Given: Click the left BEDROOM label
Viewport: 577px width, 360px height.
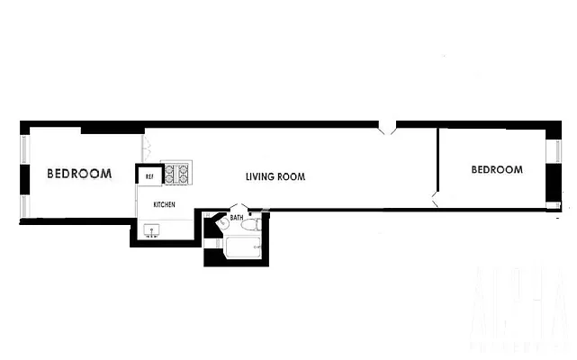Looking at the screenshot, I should coord(79,174).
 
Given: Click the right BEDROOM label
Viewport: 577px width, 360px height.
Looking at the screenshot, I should coord(497,169).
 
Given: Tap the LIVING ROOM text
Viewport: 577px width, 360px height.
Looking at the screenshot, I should coord(275,177).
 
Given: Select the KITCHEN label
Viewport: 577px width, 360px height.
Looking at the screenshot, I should coord(164,205).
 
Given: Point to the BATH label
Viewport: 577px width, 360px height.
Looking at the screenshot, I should coord(237,218).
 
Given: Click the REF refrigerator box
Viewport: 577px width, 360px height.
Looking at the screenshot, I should coord(149,177).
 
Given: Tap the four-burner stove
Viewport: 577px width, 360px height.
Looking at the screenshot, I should coord(176,173).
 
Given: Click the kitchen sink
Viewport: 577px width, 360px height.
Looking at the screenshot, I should coord(149,231).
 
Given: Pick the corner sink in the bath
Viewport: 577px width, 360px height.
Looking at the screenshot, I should coord(222,224).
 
